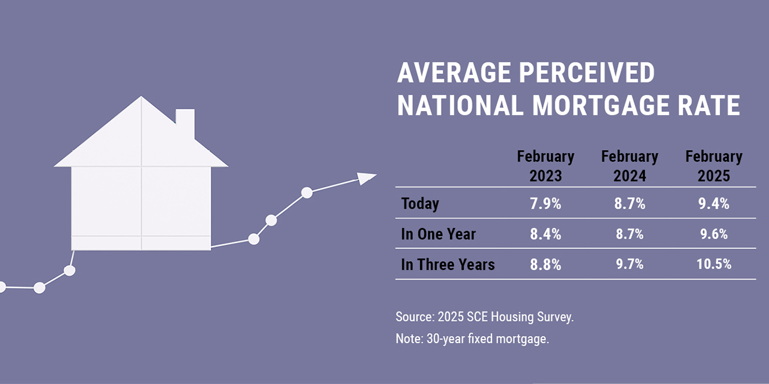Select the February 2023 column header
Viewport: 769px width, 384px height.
(546, 166)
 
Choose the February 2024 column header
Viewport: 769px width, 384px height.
(630, 166)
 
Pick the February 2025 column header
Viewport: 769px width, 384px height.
(714, 166)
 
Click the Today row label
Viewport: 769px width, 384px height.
(420, 203)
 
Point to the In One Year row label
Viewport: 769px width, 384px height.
(438, 234)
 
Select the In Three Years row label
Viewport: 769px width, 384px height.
(448, 265)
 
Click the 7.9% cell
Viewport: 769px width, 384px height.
(546, 203)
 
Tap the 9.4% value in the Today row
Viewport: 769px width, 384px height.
(714, 203)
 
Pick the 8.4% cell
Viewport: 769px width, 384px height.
(546, 234)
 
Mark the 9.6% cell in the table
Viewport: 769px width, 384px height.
(714, 234)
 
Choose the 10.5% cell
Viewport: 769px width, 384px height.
(714, 265)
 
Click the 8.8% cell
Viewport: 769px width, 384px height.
(546, 265)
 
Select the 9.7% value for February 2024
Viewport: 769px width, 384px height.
(630, 265)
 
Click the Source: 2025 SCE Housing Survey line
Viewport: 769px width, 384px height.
(485, 317)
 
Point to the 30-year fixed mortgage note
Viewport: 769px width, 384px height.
(472, 338)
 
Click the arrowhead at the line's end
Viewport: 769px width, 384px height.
(366, 178)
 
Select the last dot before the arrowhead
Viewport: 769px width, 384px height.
(306, 193)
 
